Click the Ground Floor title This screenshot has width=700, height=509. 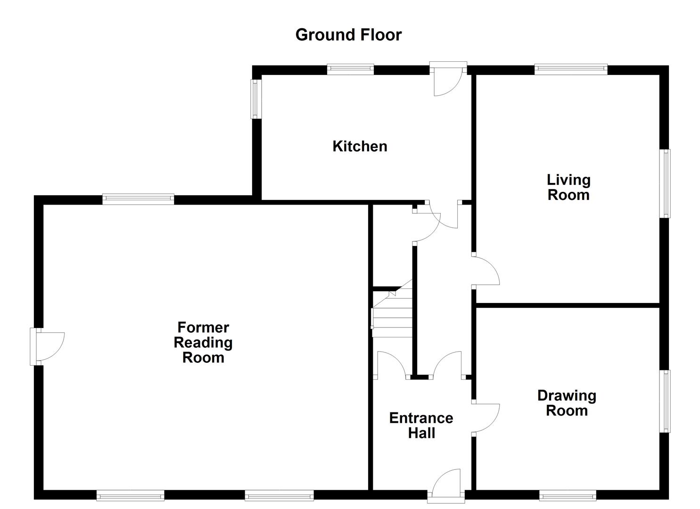click(x=348, y=35)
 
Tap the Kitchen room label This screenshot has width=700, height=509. click(x=360, y=146)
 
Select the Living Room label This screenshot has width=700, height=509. click(x=568, y=187)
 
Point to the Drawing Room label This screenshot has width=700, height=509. click(x=567, y=403)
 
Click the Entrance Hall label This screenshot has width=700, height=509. click(x=421, y=425)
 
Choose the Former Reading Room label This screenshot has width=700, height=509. click(x=203, y=342)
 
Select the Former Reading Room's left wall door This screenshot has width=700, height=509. click(x=47, y=346)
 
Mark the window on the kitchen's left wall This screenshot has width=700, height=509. click(x=255, y=99)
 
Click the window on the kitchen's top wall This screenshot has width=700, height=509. click(x=350, y=70)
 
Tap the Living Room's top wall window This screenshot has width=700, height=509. click(x=570, y=70)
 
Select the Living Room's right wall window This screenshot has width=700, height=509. click(x=665, y=183)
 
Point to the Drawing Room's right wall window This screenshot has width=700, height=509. click(x=665, y=401)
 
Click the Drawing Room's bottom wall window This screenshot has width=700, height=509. click(x=567, y=495)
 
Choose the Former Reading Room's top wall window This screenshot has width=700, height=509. click(x=138, y=199)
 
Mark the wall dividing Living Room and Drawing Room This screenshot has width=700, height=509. click(x=568, y=305)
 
